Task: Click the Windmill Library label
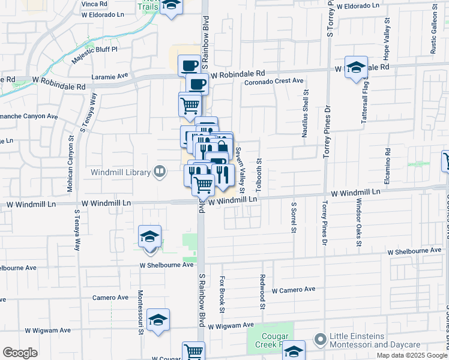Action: pos(121,173)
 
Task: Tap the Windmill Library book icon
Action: pos(160,173)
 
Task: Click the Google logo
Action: pos(20,353)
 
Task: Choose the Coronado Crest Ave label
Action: pos(274,80)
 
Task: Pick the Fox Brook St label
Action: pos(222,295)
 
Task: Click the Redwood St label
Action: pos(263,292)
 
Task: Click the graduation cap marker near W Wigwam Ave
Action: pos(158,320)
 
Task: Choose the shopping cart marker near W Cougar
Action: pos(193,352)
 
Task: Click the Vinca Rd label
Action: pos(95,4)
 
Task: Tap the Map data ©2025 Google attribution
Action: pos(412,355)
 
